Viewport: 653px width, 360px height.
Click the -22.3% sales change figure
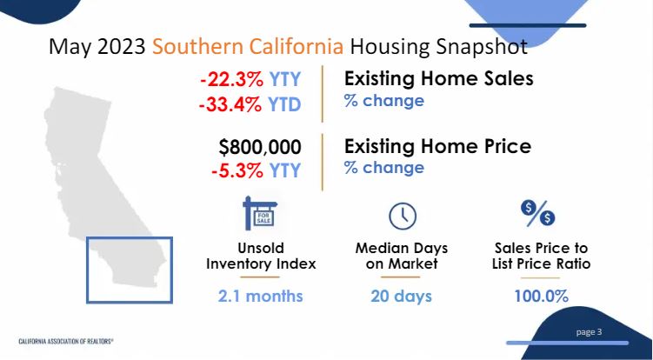point(230,80)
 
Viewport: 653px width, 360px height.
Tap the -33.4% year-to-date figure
point(230,104)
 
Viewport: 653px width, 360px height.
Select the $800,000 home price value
point(260,147)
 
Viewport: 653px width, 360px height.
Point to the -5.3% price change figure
point(237,170)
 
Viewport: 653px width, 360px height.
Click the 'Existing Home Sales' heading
point(439,79)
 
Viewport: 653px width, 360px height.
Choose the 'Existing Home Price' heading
point(437,146)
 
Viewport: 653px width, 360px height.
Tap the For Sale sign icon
point(260,213)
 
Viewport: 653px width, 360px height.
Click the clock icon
point(403,217)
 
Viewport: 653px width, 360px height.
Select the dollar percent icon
point(537,213)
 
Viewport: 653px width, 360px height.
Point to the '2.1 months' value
point(260,297)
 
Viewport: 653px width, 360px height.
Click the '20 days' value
point(402,297)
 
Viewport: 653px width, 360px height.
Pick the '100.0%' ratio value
point(542,297)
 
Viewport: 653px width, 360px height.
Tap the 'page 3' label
point(589,332)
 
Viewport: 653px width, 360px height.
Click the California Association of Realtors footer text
point(66,341)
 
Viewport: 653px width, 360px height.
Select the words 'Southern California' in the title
point(248,47)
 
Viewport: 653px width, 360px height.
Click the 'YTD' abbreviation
point(284,104)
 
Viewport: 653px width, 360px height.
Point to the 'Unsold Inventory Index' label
point(261,256)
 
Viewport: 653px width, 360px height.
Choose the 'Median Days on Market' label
point(402,256)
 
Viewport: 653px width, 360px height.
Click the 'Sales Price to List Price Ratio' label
point(541,256)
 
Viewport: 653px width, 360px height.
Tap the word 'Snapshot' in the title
point(482,47)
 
